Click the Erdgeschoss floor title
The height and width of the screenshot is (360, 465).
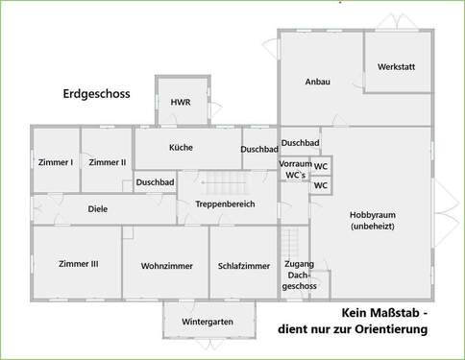[96, 94]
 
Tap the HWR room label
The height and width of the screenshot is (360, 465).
[180, 103]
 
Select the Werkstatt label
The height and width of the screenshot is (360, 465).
[397, 67]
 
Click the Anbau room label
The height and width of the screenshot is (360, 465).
[318, 83]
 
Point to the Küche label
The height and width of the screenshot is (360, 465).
[181, 148]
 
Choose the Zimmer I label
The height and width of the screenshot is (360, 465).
[56, 162]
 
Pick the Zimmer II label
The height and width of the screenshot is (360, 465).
[108, 162]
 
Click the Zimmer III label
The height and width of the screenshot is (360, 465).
[79, 264]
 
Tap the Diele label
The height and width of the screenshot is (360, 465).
[98, 208]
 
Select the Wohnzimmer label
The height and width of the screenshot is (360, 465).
[168, 266]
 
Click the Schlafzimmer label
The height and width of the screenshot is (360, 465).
[244, 266]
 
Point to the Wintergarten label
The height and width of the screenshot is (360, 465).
[208, 322]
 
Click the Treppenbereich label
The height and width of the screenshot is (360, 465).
[224, 204]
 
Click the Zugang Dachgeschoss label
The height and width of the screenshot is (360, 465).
[300, 275]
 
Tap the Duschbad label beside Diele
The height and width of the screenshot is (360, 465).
[155, 181]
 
